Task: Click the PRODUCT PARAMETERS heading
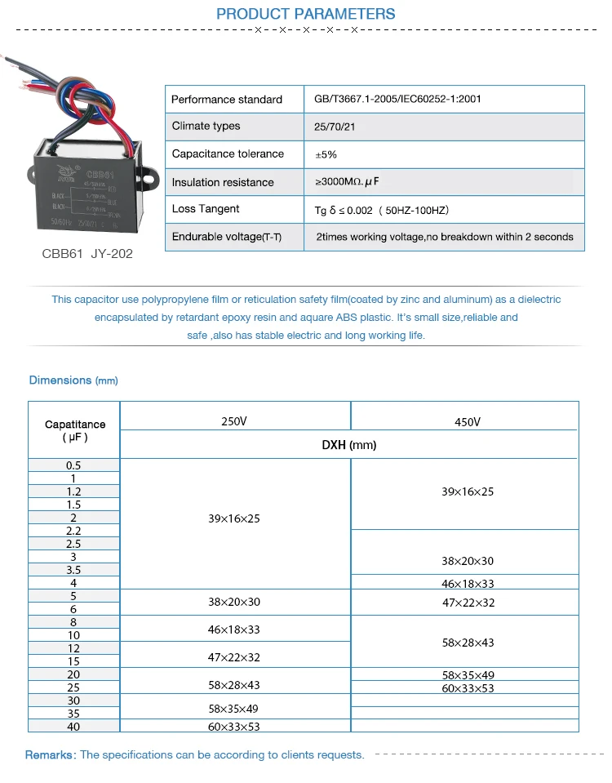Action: click(305, 14)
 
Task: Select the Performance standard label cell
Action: click(226, 100)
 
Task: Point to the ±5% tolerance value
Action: click(326, 154)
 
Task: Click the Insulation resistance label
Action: click(223, 182)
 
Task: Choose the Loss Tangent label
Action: click(205, 209)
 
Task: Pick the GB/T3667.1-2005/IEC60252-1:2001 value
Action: click(397, 100)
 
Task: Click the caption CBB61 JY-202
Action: click(87, 254)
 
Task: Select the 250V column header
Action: click(233, 421)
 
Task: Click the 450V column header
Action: click(467, 422)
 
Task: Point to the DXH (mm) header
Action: click(348, 445)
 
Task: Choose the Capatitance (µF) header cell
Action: click(74, 430)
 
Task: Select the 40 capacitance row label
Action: click(73, 726)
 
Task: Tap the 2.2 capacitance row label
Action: click(73, 531)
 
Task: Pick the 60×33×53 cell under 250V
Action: click(233, 726)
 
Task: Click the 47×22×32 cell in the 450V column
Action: click(468, 603)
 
